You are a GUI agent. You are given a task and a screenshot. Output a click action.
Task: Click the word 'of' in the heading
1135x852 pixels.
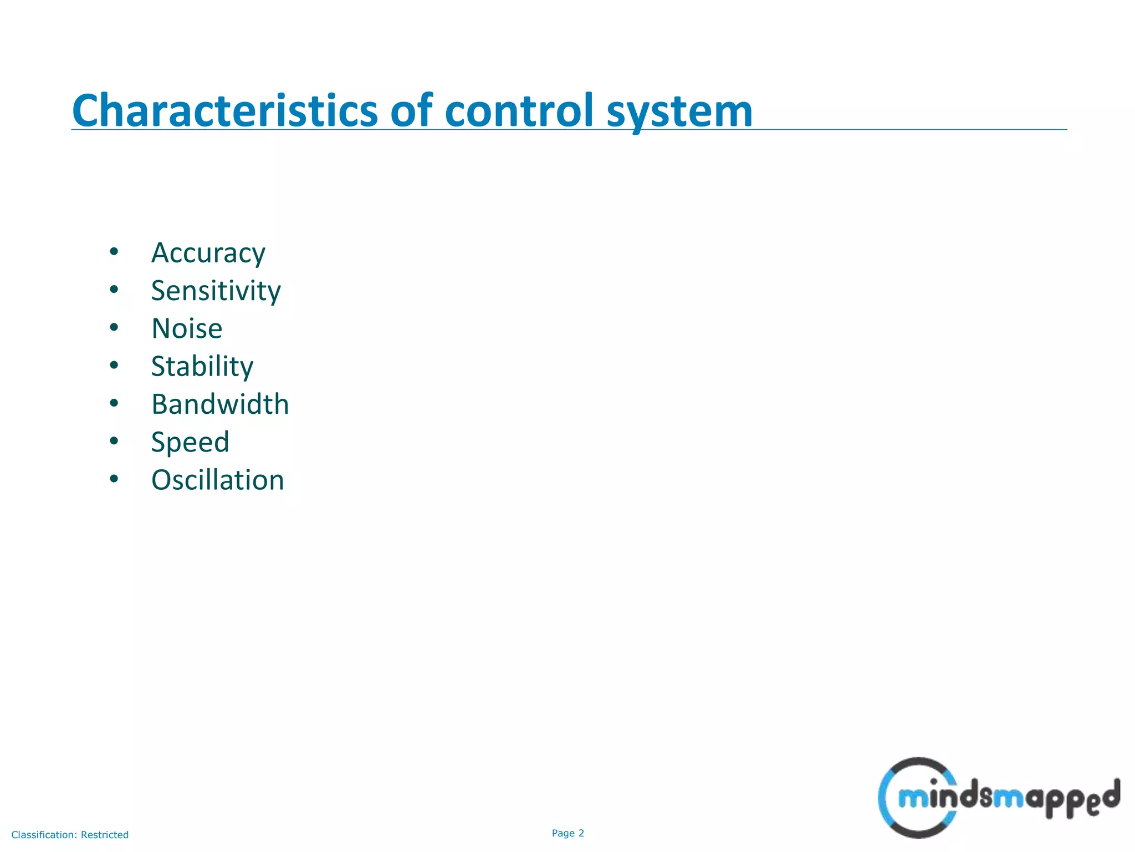click(x=411, y=111)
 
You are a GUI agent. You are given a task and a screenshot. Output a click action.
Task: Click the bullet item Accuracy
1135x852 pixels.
click(x=208, y=253)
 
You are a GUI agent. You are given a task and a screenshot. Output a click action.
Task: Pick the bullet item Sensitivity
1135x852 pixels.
click(x=216, y=291)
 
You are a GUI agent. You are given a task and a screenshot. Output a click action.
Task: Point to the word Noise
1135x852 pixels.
click(x=187, y=328)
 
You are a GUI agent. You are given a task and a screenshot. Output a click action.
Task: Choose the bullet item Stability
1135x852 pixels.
click(x=202, y=367)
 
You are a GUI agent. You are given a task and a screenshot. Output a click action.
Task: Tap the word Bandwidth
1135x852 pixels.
click(x=220, y=404)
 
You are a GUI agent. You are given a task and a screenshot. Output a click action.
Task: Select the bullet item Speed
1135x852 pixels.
click(x=190, y=443)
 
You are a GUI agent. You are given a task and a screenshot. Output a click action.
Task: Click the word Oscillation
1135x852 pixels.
click(x=217, y=480)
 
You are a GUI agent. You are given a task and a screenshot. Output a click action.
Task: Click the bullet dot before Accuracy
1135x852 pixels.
click(x=114, y=252)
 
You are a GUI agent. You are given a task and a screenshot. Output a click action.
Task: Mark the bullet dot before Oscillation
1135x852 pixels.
click(x=114, y=479)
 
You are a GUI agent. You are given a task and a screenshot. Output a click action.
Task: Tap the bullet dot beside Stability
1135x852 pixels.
click(x=114, y=365)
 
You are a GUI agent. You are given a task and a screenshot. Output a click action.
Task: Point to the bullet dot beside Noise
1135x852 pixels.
click(x=114, y=327)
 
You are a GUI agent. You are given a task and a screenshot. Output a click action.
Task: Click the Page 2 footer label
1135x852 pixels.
click(x=567, y=833)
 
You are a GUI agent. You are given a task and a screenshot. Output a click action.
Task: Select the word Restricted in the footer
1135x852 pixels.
click(x=105, y=835)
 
